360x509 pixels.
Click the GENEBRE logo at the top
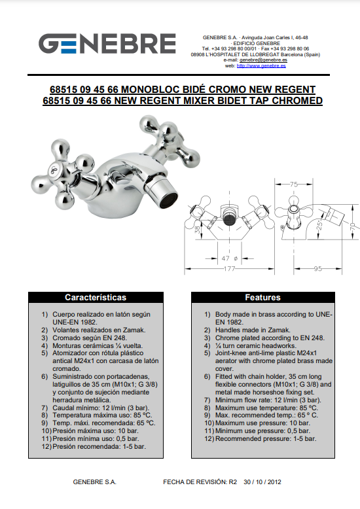click(107, 43)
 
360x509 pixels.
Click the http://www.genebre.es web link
click(261, 66)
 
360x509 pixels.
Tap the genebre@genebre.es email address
click(264, 60)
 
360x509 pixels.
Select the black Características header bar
click(96, 297)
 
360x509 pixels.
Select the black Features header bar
click(263, 297)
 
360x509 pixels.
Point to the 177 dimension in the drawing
click(229, 269)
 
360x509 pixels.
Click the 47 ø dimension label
click(229, 258)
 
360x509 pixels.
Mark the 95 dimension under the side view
click(317, 269)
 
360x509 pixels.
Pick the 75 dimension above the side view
click(294, 184)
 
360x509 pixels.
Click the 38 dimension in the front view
click(197, 230)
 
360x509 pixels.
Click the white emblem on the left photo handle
click(54, 169)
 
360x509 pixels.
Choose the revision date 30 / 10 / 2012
click(262, 482)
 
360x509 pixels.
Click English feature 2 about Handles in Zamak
click(253, 330)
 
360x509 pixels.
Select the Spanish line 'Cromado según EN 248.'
click(90, 338)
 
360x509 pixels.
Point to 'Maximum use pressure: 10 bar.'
click(262, 423)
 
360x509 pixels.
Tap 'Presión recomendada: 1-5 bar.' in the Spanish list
click(99, 446)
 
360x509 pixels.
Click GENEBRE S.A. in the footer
click(94, 482)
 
